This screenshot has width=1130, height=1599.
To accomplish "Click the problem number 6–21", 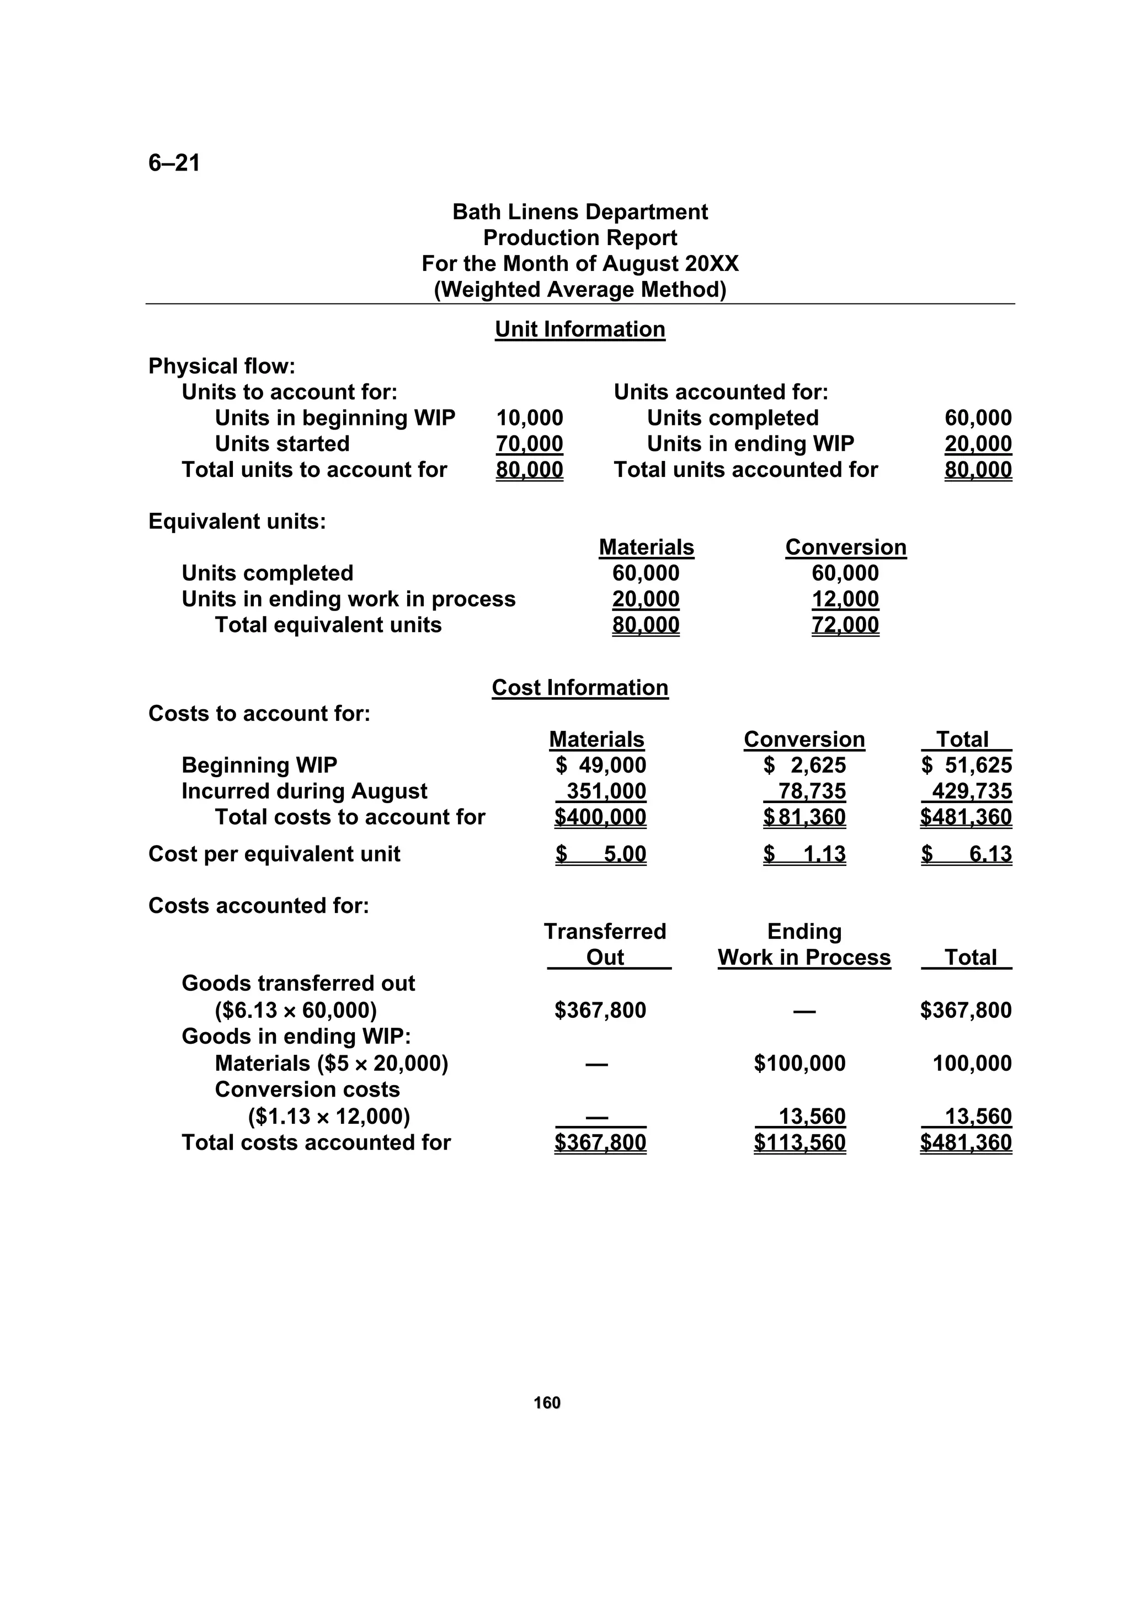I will [x=174, y=163].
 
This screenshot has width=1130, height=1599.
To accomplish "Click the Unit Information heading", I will [x=579, y=330].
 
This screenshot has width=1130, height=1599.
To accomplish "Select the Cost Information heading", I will [x=579, y=687].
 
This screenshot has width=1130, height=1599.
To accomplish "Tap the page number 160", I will [x=547, y=1403].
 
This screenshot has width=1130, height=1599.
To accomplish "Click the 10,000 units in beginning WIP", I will [x=529, y=418].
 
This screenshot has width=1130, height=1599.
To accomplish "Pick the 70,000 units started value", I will [x=529, y=444].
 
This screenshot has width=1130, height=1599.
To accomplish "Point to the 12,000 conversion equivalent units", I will [x=845, y=599].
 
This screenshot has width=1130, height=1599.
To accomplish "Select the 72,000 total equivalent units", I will [x=845, y=625].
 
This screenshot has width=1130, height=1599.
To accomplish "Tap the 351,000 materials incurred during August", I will [x=606, y=791].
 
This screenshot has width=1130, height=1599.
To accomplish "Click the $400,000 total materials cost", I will [x=600, y=817].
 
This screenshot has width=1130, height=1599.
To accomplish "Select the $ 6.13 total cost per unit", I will [x=966, y=854].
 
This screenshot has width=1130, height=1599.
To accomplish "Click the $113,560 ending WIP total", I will [x=799, y=1143].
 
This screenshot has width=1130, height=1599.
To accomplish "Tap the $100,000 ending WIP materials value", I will [x=799, y=1064].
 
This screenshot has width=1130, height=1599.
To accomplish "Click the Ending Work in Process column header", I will [x=804, y=945].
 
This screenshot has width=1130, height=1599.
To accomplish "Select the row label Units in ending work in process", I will [x=348, y=599].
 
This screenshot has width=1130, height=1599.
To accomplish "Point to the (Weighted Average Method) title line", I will [x=579, y=290].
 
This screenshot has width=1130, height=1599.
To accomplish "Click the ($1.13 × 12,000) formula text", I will [x=329, y=1117].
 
